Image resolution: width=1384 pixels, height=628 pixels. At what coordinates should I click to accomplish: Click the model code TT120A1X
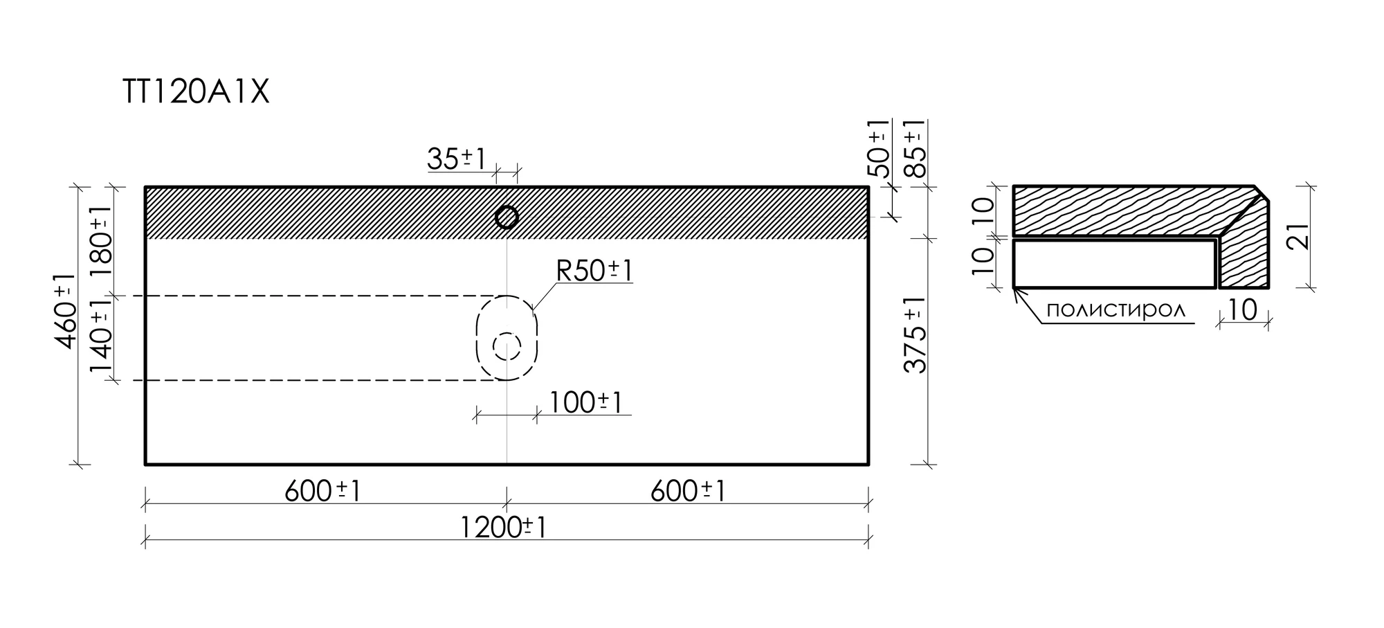click(x=196, y=92)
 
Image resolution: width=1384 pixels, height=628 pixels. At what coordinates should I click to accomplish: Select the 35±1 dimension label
click(x=457, y=159)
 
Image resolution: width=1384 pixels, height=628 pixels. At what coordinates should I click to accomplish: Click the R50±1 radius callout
click(x=594, y=271)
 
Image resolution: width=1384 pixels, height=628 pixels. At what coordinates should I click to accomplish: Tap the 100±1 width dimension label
click(x=586, y=402)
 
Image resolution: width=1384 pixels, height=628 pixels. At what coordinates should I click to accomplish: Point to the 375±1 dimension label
click(x=915, y=335)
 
